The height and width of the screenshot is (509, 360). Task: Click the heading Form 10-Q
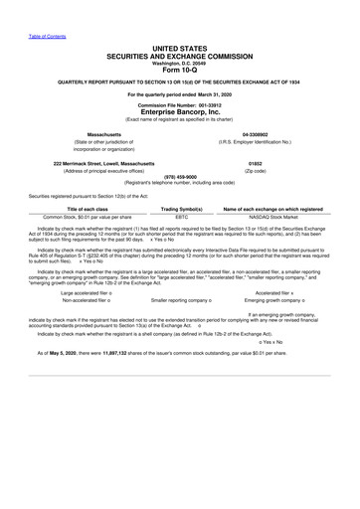(179, 69)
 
